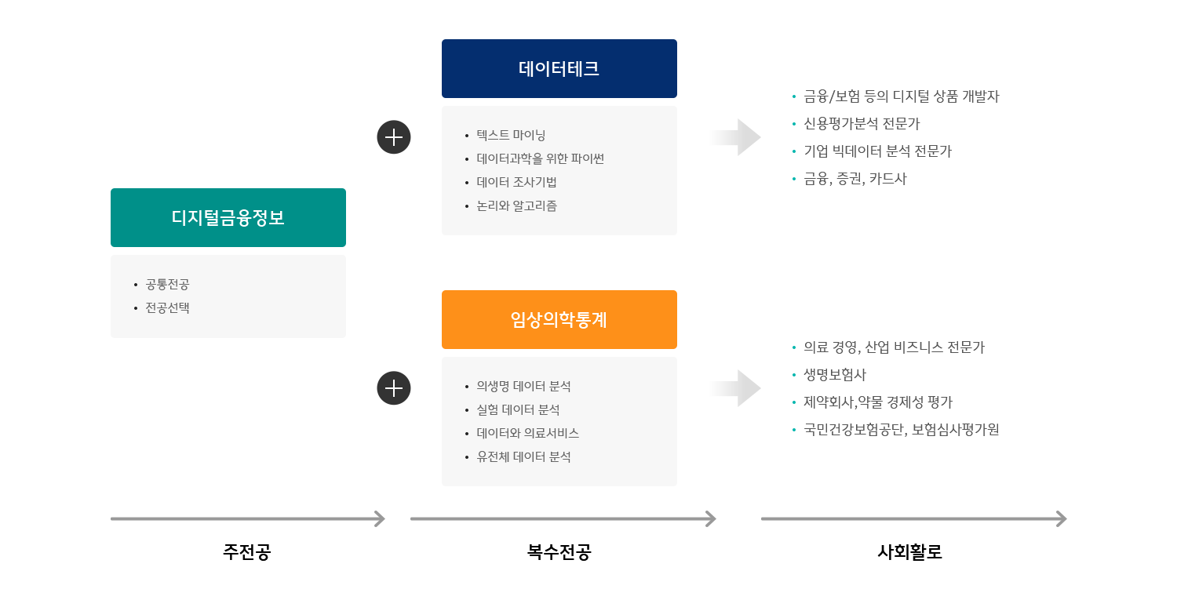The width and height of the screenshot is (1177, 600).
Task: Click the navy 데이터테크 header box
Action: tap(559, 69)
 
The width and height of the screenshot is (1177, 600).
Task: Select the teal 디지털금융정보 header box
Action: tap(228, 217)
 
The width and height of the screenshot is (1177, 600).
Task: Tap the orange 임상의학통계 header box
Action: tap(559, 320)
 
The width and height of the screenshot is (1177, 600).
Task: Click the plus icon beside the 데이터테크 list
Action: tap(394, 137)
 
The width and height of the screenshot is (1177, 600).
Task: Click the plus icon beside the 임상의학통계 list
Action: tap(394, 388)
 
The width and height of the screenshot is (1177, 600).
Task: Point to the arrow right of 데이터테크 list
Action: tap(734, 137)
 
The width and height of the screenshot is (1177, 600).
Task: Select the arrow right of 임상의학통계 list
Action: tap(734, 388)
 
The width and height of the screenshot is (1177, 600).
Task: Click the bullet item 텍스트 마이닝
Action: tap(511, 135)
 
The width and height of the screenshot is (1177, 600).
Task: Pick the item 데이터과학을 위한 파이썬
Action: tap(540, 158)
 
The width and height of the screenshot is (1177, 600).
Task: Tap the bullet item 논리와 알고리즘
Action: tap(516, 205)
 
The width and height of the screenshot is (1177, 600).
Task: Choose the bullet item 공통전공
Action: tap(167, 284)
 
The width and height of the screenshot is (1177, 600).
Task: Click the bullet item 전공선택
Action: tap(167, 307)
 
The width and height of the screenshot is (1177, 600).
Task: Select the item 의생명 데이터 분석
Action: tap(523, 386)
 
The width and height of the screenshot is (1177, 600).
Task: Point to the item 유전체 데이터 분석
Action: tap(523, 456)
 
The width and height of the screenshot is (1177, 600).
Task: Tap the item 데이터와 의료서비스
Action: tap(527, 433)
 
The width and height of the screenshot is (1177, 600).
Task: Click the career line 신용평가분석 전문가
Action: tap(862, 124)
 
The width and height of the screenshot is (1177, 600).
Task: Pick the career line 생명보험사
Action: tap(835, 375)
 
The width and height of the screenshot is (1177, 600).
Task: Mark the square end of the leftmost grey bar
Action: tap(379, 518)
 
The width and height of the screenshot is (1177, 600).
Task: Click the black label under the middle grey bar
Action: tap(559, 552)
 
